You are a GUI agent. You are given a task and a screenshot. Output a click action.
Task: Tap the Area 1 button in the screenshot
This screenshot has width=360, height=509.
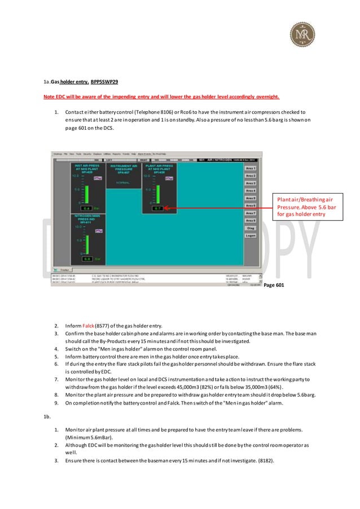[x=251, y=168]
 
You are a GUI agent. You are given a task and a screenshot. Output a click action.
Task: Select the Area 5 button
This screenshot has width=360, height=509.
[x=251, y=198]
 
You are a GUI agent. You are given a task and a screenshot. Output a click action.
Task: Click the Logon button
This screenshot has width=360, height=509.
[x=251, y=235]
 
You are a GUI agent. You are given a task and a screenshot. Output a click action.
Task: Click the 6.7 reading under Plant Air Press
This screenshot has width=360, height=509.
[x=158, y=208]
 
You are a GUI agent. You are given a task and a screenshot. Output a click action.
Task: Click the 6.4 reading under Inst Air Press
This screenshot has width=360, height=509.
[x=87, y=208]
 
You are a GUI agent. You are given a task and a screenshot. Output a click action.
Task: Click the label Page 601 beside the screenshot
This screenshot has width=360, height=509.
[x=274, y=286]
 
